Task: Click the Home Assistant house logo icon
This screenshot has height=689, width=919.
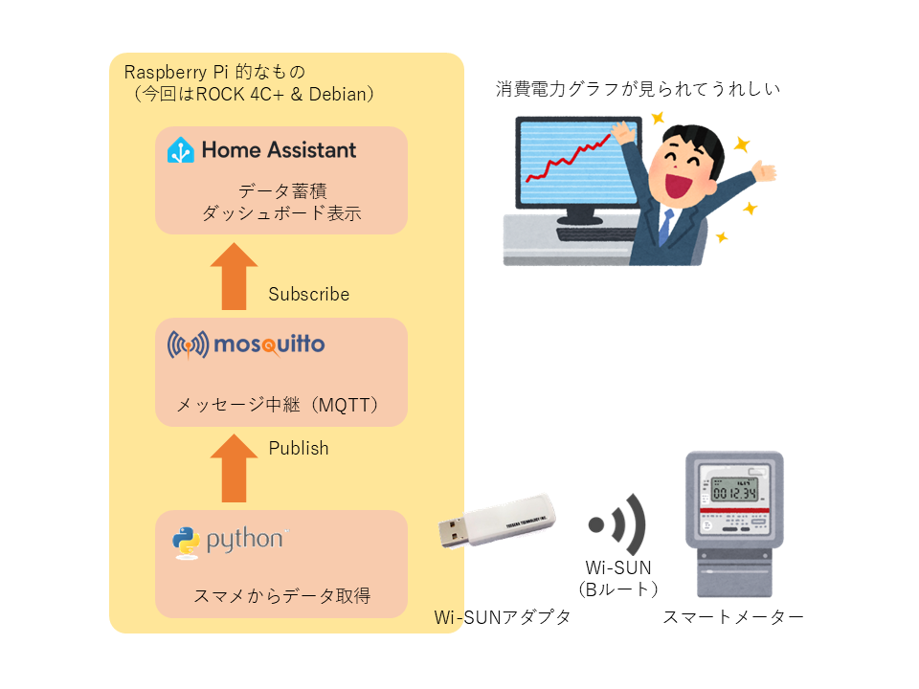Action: (182, 150)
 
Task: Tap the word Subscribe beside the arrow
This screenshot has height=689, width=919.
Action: (308, 294)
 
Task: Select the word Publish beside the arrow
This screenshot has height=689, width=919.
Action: (298, 448)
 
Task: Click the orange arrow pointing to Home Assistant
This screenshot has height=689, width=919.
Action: (234, 277)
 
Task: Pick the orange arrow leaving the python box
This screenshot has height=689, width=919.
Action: (234, 469)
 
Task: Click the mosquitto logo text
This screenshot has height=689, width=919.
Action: (269, 344)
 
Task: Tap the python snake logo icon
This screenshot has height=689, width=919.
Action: (186, 542)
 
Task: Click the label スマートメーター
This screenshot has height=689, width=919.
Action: (733, 617)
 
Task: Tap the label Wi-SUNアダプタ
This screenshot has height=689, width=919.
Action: (503, 617)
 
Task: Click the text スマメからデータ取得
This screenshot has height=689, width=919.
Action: (281, 596)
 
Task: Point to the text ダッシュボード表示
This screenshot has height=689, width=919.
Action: (281, 213)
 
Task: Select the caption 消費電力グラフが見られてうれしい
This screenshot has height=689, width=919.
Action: (639, 90)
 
